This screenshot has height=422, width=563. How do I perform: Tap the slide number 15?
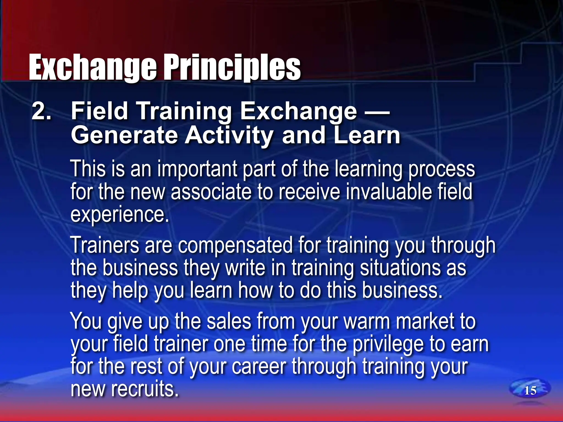530,390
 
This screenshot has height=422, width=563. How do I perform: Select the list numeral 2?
41,111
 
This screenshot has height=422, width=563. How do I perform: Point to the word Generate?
124,135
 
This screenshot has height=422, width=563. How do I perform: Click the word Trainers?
105,245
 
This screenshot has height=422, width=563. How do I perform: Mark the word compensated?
235,246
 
